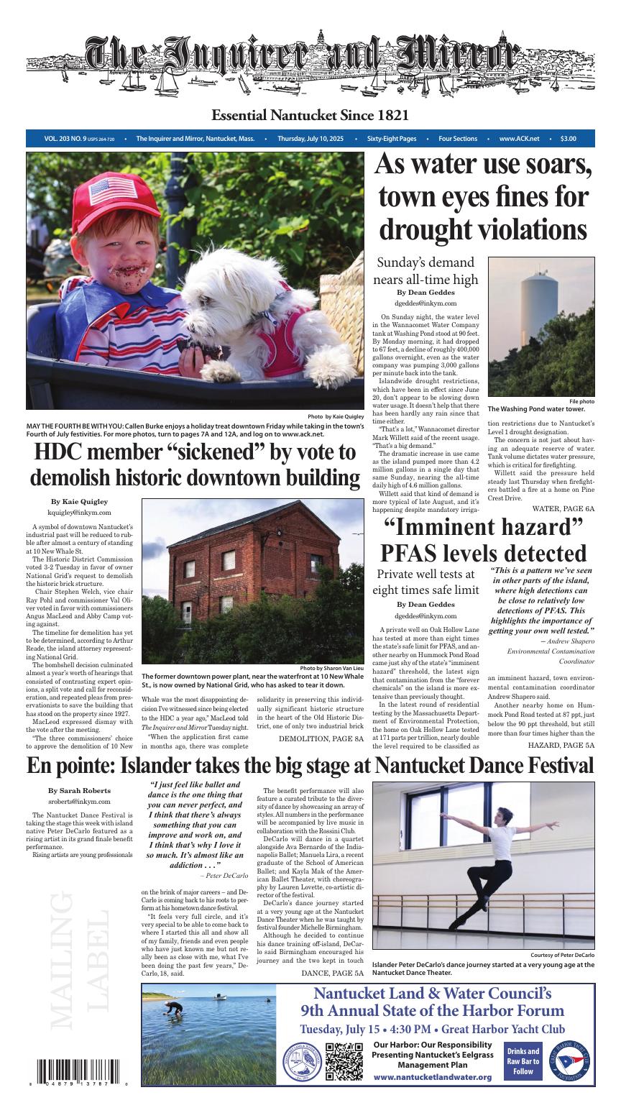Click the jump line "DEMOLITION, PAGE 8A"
(x=321, y=738)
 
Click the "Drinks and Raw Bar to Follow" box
(x=523, y=1061)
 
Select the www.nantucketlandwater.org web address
(x=433, y=1076)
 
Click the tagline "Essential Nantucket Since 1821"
(x=310, y=116)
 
